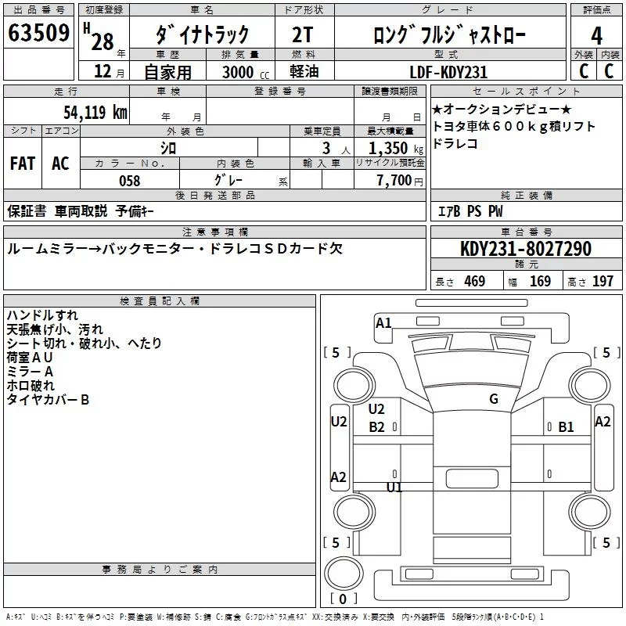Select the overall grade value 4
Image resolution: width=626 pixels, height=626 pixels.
(x=596, y=34)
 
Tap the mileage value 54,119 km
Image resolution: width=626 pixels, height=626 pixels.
(x=95, y=112)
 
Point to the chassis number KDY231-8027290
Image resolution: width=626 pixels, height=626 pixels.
(x=525, y=250)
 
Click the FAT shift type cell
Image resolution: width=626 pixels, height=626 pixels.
(x=23, y=164)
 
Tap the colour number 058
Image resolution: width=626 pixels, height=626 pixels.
(x=129, y=181)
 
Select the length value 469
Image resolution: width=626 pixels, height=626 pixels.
(x=473, y=282)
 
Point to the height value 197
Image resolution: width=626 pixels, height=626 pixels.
(x=603, y=282)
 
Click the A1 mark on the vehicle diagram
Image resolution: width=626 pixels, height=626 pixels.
(x=383, y=322)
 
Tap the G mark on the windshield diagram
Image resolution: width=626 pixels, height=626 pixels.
(x=493, y=399)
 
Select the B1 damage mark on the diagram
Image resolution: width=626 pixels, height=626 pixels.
(x=566, y=427)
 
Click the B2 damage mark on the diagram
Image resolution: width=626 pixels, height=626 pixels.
(x=377, y=427)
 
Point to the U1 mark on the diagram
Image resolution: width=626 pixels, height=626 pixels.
(x=394, y=487)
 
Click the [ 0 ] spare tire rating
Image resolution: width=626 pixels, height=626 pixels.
(x=341, y=598)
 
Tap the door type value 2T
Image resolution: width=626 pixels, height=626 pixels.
(x=303, y=34)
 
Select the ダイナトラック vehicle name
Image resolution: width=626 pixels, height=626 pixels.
(x=202, y=34)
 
